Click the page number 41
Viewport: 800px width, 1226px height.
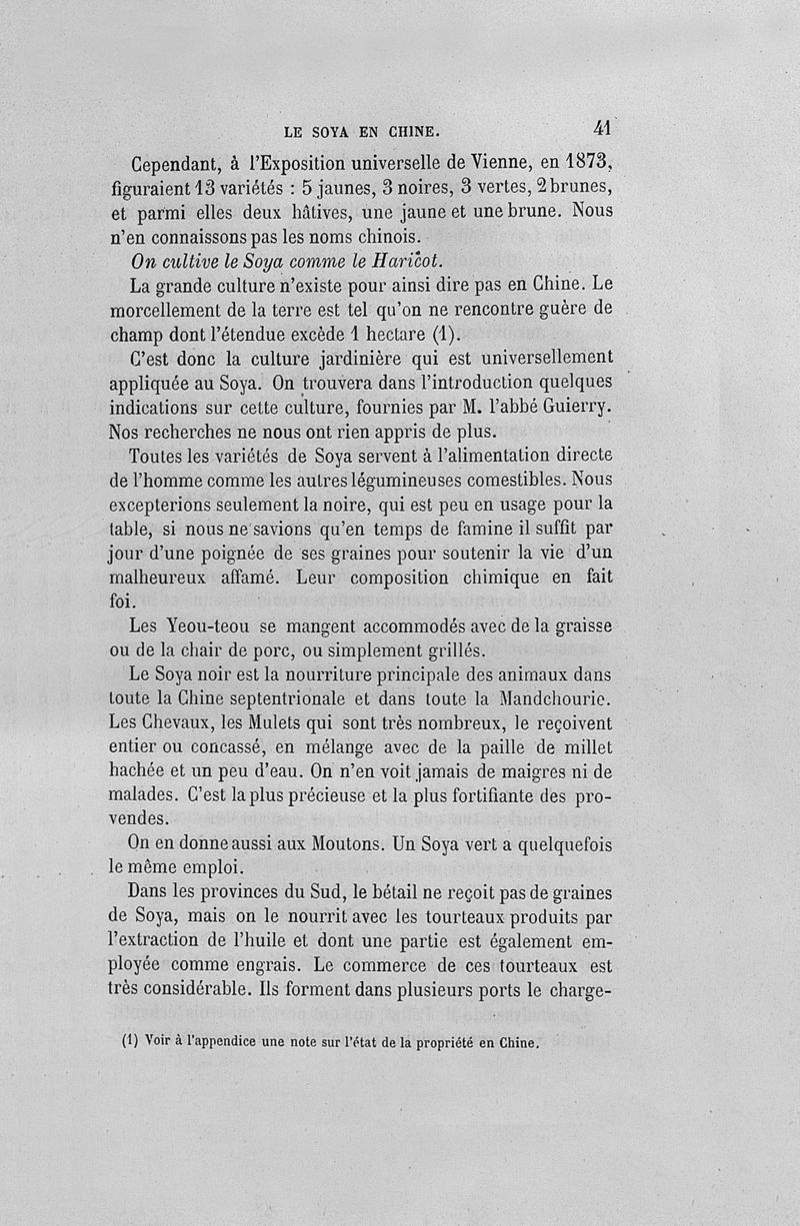(x=602, y=127)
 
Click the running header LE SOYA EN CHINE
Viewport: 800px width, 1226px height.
(x=361, y=131)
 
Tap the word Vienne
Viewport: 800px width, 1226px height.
(x=461, y=162)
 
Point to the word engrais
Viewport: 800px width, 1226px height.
(x=263, y=967)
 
